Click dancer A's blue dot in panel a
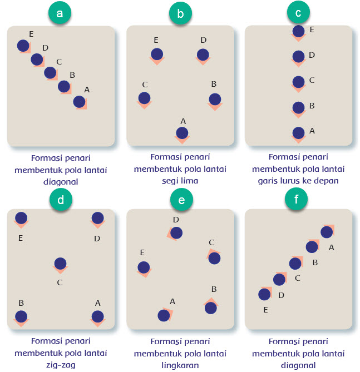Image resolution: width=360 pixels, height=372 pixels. [x=79, y=102]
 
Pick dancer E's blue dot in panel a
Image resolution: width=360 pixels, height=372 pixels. [x=23, y=45]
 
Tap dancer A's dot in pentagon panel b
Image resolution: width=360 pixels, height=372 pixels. [x=182, y=133]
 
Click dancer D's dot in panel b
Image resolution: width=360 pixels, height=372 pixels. [x=203, y=54]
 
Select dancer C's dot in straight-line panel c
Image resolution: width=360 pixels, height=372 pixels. [x=299, y=82]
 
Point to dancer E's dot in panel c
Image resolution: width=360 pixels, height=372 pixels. [x=299, y=31]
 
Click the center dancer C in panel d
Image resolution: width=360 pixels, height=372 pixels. [x=60, y=264]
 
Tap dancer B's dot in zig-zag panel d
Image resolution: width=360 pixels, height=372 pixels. [x=21, y=316]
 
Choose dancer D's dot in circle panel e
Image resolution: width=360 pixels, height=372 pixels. [x=176, y=233]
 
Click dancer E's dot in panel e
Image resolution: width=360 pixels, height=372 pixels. [x=144, y=267]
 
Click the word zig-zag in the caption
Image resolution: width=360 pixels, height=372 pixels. [x=60, y=365]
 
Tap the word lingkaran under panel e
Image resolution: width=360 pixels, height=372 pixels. [x=180, y=365]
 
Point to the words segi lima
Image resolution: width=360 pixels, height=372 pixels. [x=180, y=180]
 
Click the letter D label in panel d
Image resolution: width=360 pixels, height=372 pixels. [x=97, y=239]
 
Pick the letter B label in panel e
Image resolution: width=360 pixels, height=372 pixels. [x=214, y=289]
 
